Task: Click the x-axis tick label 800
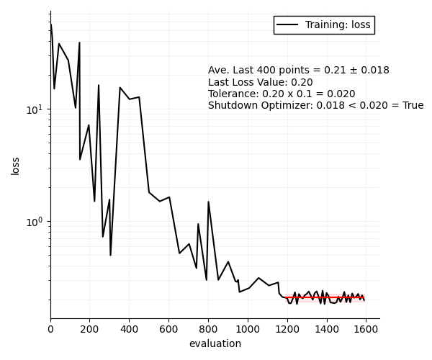tap(208, 329)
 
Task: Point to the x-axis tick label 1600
tap(366, 329)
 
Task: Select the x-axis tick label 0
tap(50, 329)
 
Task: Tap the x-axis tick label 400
tap(130, 329)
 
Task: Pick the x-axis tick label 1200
tap(287, 329)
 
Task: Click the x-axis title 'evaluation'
tap(215, 343)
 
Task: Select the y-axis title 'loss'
tap(16, 166)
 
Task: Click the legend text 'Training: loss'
tap(338, 25)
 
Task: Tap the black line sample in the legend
tap(287, 25)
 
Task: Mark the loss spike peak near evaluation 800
tap(208, 202)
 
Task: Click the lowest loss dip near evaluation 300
tap(110, 255)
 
